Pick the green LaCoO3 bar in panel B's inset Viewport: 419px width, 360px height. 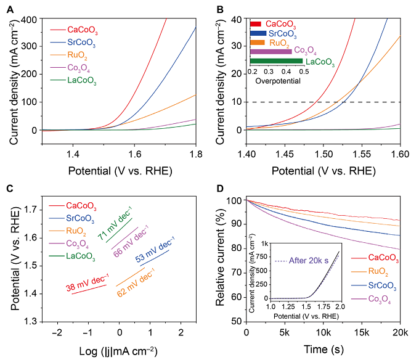tap(276, 61)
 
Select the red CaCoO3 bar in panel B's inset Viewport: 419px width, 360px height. tap(256, 23)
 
